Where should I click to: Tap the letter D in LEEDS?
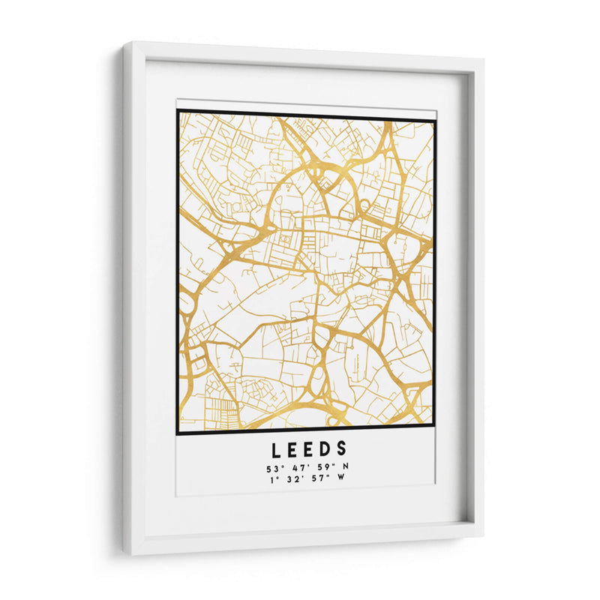tap(324, 448)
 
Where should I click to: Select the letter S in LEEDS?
tap(342, 448)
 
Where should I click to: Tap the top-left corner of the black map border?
tap(178, 112)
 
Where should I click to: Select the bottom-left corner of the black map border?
tap(178, 433)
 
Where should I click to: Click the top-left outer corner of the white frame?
tap(124, 43)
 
